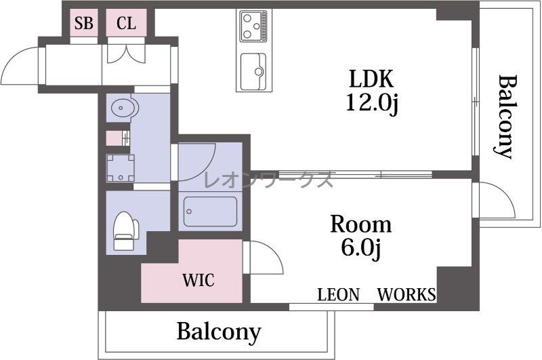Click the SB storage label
click(x=84, y=23)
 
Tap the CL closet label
click(x=126, y=23)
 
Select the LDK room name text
click(x=371, y=79)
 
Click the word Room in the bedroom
click(x=361, y=224)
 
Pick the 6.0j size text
click(x=361, y=247)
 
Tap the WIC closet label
click(x=199, y=280)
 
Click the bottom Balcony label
click(x=219, y=332)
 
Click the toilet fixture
click(x=125, y=230)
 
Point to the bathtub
click(x=210, y=212)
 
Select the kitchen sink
click(x=253, y=72)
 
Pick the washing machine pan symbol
click(x=120, y=168)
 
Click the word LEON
click(x=338, y=295)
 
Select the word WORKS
click(x=406, y=295)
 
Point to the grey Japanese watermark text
click(x=268, y=180)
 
